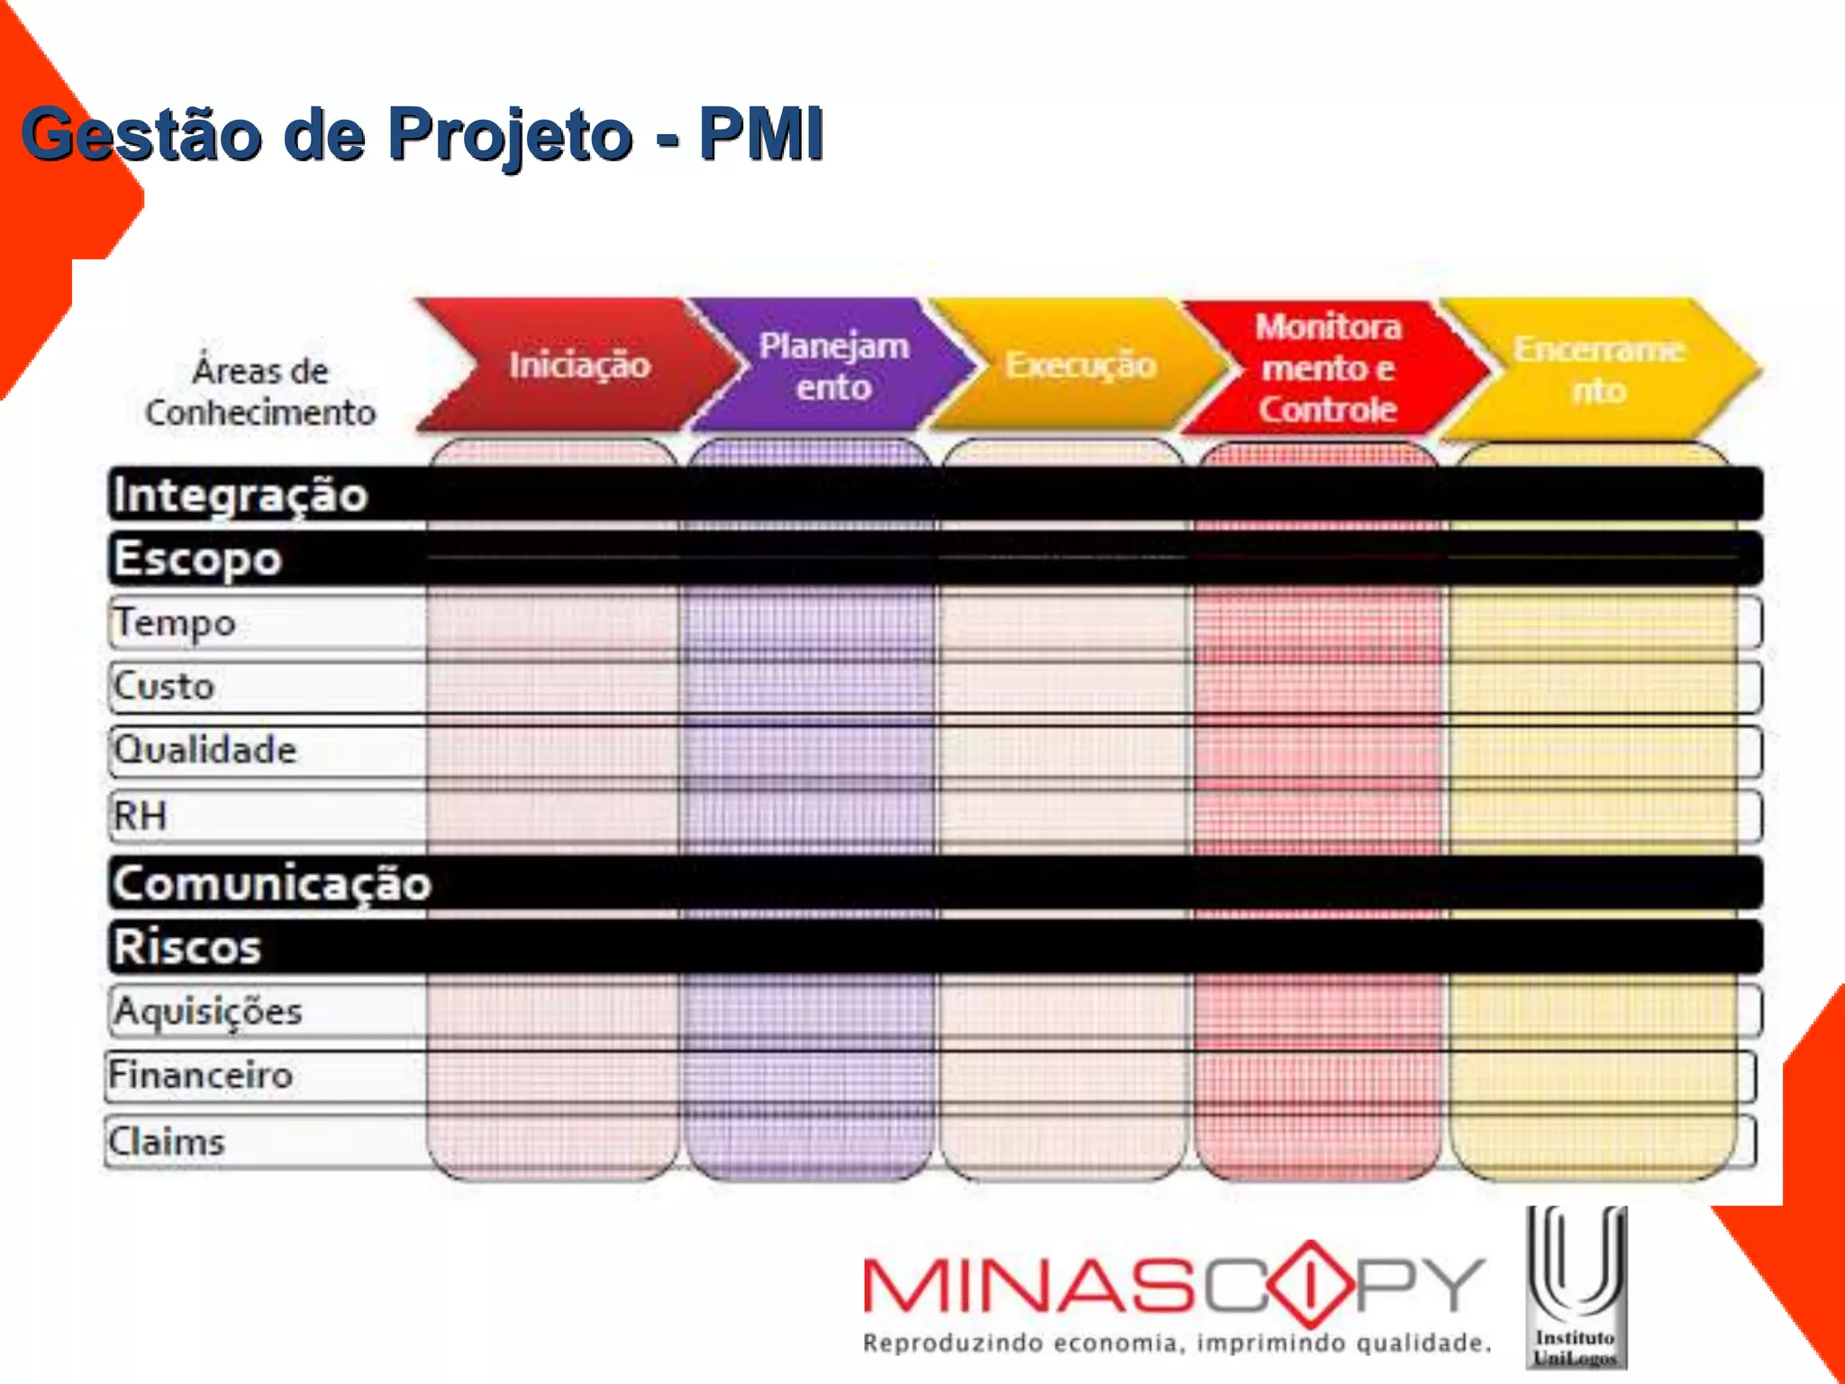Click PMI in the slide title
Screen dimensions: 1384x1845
761,135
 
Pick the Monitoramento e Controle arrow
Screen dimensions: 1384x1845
1328,368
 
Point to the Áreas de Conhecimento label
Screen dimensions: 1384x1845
260,392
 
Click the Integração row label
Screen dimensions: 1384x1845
241,495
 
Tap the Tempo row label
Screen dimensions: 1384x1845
175,623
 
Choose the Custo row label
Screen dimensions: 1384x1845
164,687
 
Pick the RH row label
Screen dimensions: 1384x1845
140,815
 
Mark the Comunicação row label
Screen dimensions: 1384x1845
272,883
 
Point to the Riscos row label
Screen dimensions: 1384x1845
187,947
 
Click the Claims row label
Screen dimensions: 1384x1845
167,1142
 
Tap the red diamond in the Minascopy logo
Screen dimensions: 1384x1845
1311,1284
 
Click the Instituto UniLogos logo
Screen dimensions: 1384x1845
1576,1288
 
